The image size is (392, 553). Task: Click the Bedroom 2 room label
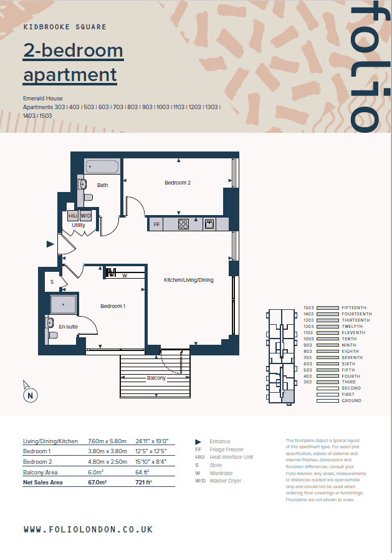178,183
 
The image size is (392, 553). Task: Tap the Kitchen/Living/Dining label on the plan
189,280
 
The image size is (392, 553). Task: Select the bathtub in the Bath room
102,167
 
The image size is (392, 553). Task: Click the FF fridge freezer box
156,224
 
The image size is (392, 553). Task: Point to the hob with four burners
183,224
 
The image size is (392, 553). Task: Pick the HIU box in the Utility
73,216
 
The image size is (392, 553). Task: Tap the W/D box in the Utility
85,216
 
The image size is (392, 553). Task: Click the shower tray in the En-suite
63,304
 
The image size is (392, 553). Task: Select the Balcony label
156,378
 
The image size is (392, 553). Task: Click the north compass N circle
31,395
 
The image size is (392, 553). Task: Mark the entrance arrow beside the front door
50,244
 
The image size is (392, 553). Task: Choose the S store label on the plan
52,282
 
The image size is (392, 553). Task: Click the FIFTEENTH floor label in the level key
354,308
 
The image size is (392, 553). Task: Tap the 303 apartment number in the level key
308,382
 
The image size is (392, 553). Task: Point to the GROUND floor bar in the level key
327,401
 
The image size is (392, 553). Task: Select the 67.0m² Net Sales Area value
97,482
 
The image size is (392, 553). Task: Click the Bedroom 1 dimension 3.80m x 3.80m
108,451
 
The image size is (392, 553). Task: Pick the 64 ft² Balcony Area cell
143,472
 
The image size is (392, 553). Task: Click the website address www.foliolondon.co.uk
88,529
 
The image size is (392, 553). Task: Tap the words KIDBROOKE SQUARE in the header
65,27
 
